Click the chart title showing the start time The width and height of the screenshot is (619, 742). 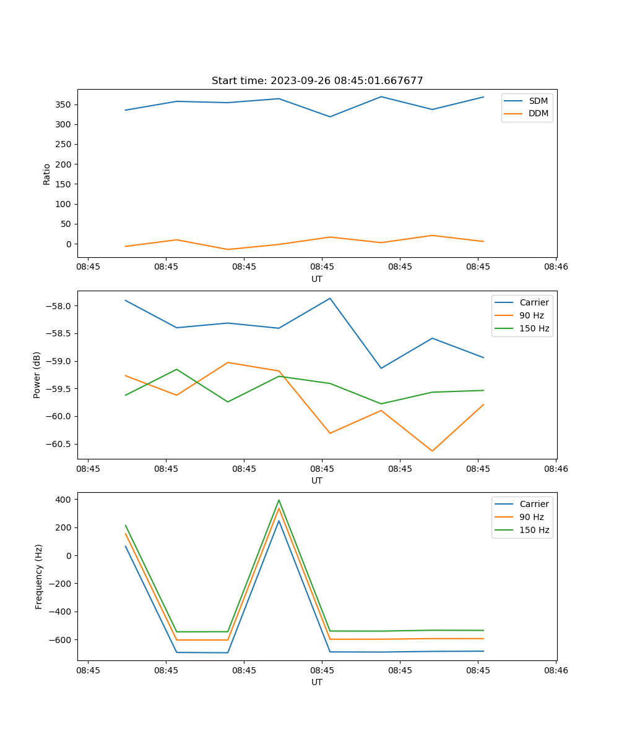pos(317,81)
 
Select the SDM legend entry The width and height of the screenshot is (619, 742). pos(538,101)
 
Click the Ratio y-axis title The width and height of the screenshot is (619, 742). pos(47,174)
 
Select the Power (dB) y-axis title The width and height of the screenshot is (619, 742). pos(37,375)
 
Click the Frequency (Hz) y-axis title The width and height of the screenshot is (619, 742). pos(38,576)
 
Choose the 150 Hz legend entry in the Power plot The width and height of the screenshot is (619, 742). pos(534,328)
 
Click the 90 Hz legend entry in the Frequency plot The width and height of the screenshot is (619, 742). pos(531,517)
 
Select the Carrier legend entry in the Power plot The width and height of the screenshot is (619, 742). pos(534,302)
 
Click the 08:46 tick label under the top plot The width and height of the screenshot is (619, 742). pos(555,267)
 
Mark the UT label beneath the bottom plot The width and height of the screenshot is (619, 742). pos(317,682)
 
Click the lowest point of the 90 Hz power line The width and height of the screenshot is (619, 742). pos(432,451)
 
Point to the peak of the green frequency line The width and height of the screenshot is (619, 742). pos(279,500)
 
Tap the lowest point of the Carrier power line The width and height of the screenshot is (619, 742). pos(381,368)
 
